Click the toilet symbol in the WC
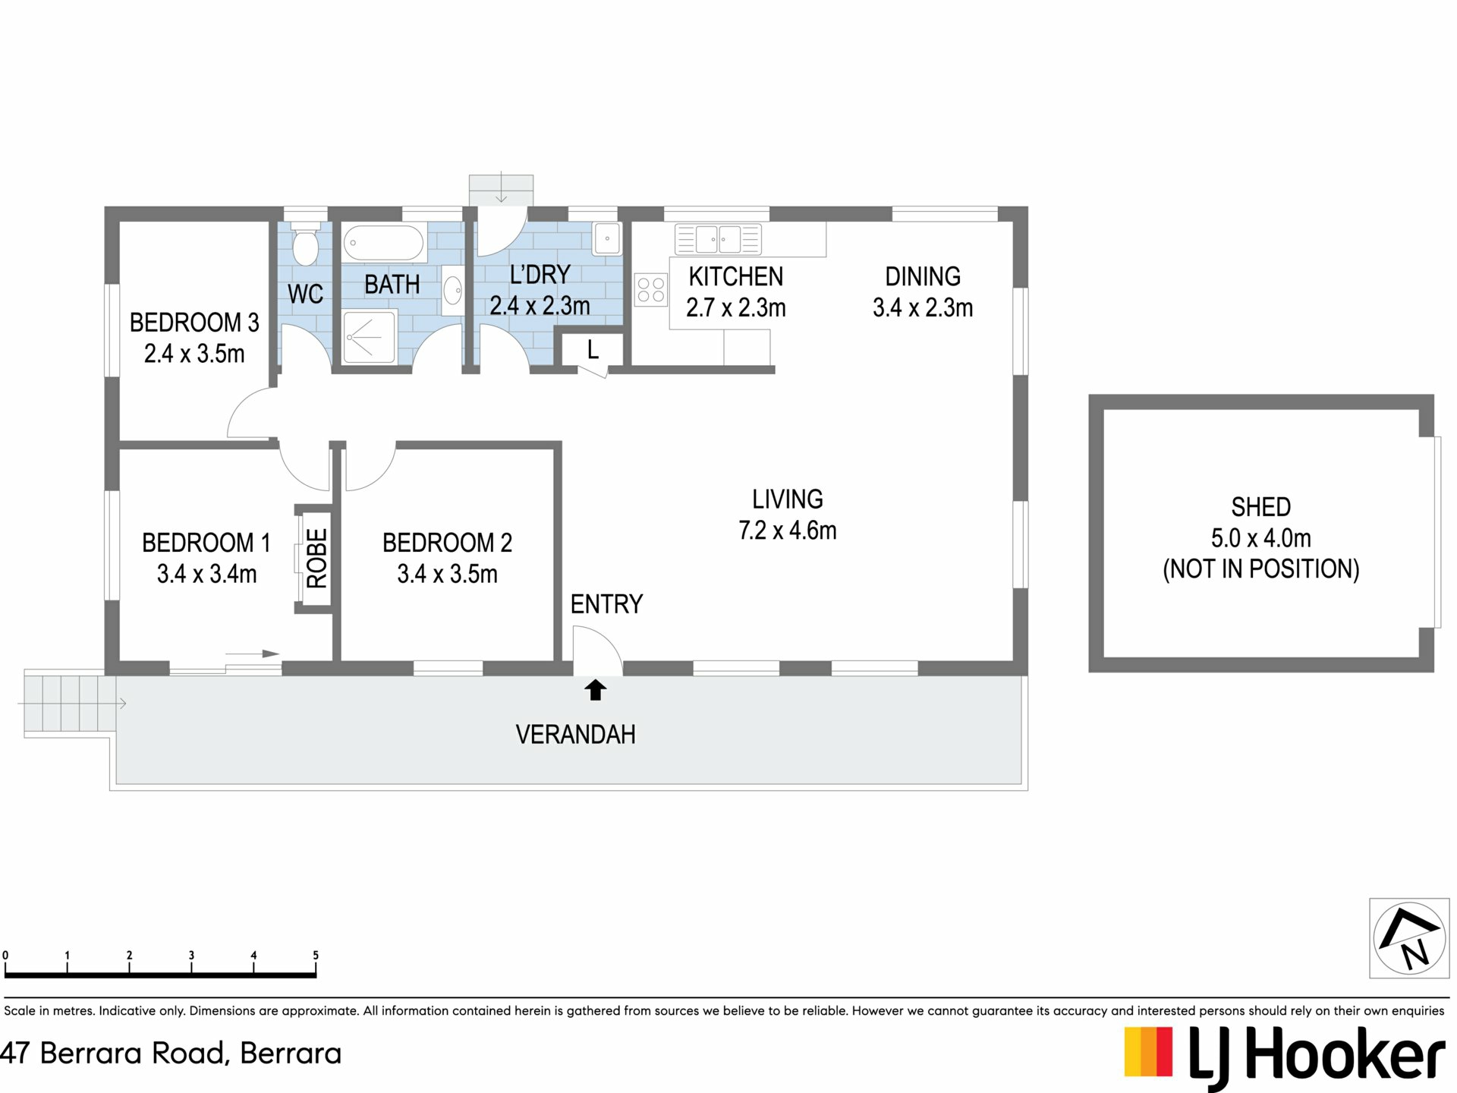(305, 242)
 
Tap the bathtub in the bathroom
(383, 244)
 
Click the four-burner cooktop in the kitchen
(650, 289)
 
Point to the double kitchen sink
(718, 239)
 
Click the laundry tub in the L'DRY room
(607, 238)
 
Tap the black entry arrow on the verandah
(596, 689)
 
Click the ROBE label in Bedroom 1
(316, 559)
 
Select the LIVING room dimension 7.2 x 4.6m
(788, 530)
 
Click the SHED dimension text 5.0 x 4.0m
(1260, 538)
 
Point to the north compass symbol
(1409, 938)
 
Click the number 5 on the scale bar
(316, 956)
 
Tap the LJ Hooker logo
(1284, 1055)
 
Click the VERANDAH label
(575, 735)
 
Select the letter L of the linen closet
(593, 350)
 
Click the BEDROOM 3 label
(194, 323)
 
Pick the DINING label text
(923, 276)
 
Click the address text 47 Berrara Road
(114, 1054)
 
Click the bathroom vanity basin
(453, 290)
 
